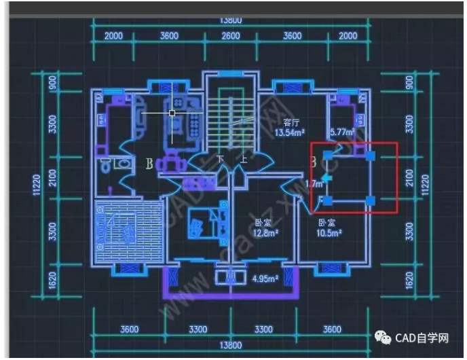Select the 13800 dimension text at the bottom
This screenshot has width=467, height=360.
pos(231,345)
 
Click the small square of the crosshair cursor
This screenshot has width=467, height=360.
pos(172,113)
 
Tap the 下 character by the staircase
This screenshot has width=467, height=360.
pos(220,160)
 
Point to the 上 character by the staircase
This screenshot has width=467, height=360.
pos(243,160)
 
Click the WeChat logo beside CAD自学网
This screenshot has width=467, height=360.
pos(385,338)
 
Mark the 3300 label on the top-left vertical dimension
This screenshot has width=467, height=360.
pos(52,124)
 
